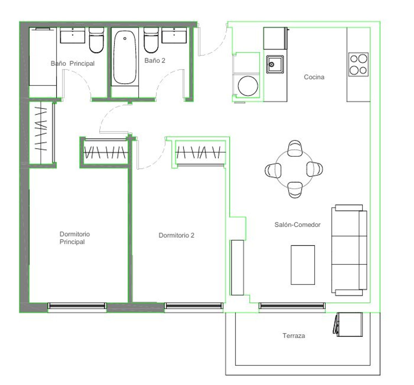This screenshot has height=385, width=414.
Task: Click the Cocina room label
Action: [314, 77]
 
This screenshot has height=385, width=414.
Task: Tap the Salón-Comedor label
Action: [297, 224]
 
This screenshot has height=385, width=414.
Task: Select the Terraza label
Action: [294, 336]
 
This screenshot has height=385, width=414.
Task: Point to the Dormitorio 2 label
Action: [176, 235]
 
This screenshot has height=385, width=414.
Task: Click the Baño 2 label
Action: [155, 61]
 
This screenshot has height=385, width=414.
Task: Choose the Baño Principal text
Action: [73, 63]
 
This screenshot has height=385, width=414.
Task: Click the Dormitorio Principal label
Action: [75, 238]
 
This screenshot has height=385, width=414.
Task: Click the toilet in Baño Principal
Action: [96, 40]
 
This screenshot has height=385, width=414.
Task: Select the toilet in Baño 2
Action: [151, 40]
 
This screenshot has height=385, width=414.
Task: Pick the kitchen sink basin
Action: [275, 64]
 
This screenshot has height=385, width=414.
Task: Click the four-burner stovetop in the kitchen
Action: [358, 64]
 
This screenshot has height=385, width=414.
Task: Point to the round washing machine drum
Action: [248, 86]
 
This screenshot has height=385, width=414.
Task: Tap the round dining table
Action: [294, 169]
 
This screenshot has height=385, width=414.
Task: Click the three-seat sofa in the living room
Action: [349, 250]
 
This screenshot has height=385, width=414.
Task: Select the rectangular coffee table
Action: [303, 265]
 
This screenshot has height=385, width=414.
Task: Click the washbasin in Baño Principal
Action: [73, 35]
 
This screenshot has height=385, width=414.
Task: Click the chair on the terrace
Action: [348, 324]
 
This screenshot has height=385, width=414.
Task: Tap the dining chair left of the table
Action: [273, 170]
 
